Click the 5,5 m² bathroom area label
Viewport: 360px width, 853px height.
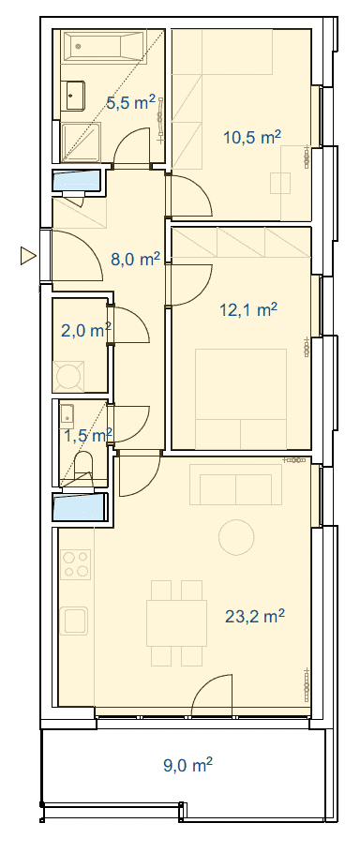click(x=130, y=102)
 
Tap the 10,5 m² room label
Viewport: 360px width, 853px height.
click(x=252, y=137)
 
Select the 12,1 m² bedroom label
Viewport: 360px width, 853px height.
click(x=248, y=309)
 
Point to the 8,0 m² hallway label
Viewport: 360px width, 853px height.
click(x=135, y=259)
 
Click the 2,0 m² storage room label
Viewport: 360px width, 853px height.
click(x=86, y=330)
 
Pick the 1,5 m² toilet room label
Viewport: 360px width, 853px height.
click(x=87, y=435)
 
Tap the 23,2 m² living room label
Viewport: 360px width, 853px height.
click(x=255, y=616)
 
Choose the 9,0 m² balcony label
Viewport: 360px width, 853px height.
click(x=187, y=766)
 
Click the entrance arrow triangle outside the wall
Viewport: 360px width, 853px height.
click(x=28, y=255)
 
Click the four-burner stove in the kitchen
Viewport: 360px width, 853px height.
click(x=76, y=564)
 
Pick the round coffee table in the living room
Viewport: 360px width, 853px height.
click(x=236, y=537)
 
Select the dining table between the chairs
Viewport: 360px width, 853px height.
click(x=177, y=623)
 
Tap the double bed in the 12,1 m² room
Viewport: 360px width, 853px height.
click(x=241, y=392)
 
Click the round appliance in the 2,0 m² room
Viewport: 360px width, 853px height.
click(x=68, y=375)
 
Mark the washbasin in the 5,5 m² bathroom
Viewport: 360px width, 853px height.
click(x=73, y=96)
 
